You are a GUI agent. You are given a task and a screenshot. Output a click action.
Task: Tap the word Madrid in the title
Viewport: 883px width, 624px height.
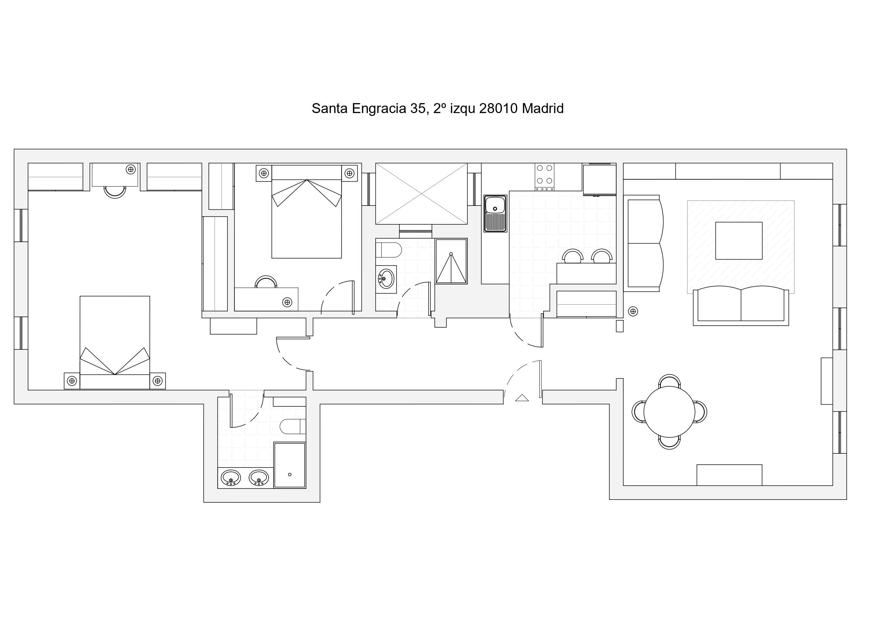542,109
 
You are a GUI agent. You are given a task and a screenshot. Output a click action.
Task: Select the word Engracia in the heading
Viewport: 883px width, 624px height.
379,109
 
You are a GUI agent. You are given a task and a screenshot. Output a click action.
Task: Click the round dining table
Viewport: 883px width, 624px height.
669,411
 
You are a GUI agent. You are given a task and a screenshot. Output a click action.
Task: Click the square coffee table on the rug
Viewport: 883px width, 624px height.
739,241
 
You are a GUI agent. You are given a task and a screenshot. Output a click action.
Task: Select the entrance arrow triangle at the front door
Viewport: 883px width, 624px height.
522,398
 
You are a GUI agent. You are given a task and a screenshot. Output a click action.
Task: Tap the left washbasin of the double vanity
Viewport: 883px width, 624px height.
231,478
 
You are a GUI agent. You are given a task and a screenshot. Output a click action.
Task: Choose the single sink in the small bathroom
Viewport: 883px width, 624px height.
386,278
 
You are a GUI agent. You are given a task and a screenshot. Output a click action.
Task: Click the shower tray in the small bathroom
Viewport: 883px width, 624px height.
451,261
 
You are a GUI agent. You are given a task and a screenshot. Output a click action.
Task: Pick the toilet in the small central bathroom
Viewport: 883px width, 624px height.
388,250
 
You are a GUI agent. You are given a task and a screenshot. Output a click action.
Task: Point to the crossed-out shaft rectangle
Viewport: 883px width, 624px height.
422,194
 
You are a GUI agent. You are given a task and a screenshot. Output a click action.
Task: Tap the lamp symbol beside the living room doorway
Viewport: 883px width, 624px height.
633,311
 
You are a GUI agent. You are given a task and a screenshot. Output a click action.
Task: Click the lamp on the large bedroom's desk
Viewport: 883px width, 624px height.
131,169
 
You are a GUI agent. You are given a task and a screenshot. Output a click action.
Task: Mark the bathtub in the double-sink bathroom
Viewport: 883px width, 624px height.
290,465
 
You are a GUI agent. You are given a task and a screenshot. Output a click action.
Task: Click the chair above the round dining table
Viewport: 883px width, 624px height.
669,380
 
